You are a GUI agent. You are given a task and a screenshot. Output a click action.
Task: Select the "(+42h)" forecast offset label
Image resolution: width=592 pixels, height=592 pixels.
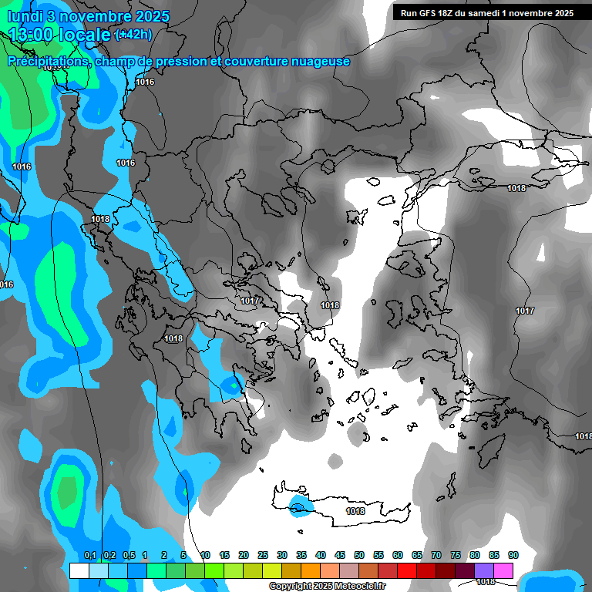tap(133, 35)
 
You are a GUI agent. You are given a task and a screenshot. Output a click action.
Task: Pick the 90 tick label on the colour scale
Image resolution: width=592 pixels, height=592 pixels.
tap(513, 555)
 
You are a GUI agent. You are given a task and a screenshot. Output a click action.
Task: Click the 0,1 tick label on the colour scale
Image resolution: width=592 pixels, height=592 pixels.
tap(89, 555)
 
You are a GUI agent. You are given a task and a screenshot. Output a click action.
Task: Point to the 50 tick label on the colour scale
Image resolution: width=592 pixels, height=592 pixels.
tap(359, 555)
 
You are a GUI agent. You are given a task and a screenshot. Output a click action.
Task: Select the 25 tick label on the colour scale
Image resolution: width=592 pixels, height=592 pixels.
tap(263, 555)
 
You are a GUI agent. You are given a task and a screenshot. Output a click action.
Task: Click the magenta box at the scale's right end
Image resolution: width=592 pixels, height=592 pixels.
tap(503, 570)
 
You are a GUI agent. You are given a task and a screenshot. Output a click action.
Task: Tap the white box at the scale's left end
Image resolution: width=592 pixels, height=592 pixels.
tap(79, 570)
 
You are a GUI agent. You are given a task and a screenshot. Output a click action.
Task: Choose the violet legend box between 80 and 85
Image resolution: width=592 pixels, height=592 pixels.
tap(484, 570)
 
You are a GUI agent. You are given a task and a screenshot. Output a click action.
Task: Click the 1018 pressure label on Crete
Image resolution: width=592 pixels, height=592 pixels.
tap(355, 511)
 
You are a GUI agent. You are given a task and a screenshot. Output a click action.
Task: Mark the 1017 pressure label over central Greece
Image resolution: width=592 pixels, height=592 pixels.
tap(249, 301)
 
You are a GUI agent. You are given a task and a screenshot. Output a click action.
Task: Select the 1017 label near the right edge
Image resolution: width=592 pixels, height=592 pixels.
tap(525, 311)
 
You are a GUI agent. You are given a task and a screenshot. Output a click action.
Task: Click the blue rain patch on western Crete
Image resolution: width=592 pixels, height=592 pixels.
tap(298, 506)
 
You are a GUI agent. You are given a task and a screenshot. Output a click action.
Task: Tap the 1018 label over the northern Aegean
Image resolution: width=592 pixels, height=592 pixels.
tap(330, 305)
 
